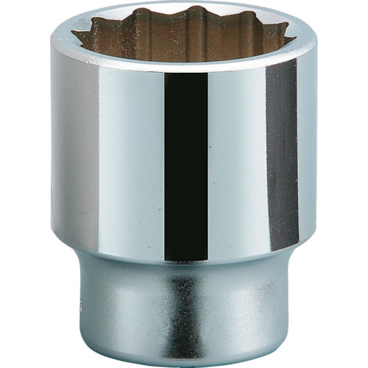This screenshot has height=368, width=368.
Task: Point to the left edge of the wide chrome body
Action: tap(54, 147)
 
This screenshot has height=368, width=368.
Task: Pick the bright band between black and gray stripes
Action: tap(236, 162)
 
